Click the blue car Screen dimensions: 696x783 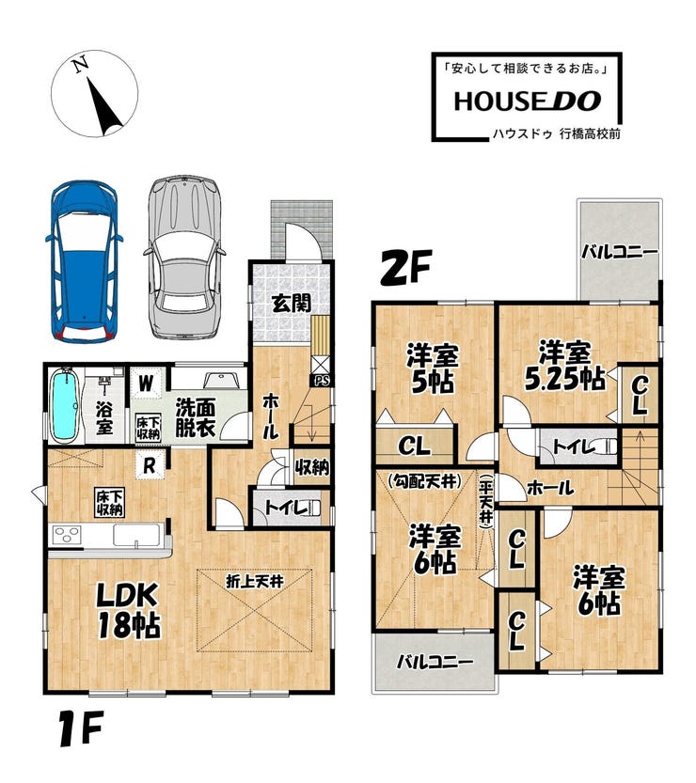pyautogui.click(x=84, y=261)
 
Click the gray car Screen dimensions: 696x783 pyautogui.click(x=184, y=257)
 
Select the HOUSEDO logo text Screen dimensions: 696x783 pyautogui.click(x=527, y=102)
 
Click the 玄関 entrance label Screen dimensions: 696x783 pyautogui.click(x=292, y=303)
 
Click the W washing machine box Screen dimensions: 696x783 pyautogui.click(x=146, y=384)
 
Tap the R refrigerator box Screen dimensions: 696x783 pyautogui.click(x=150, y=466)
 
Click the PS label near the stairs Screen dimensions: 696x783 pyautogui.click(x=322, y=381)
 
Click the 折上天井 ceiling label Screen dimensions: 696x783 pyautogui.click(x=254, y=581)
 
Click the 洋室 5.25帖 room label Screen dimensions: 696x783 pyautogui.click(x=564, y=366)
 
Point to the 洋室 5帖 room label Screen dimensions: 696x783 pyautogui.click(x=433, y=368)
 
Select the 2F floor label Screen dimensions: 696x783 pyautogui.click(x=405, y=267)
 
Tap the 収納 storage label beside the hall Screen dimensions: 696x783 pyautogui.click(x=311, y=467)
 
